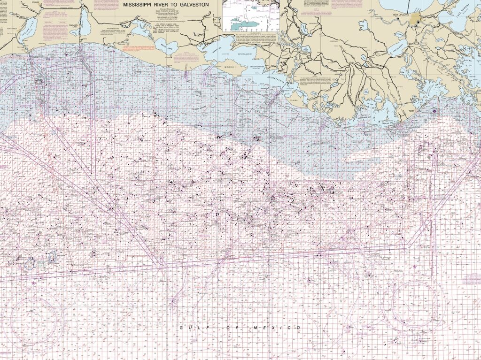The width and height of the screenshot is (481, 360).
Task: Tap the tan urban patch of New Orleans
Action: [416, 19]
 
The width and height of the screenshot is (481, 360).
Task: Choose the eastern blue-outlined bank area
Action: [52, 255]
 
